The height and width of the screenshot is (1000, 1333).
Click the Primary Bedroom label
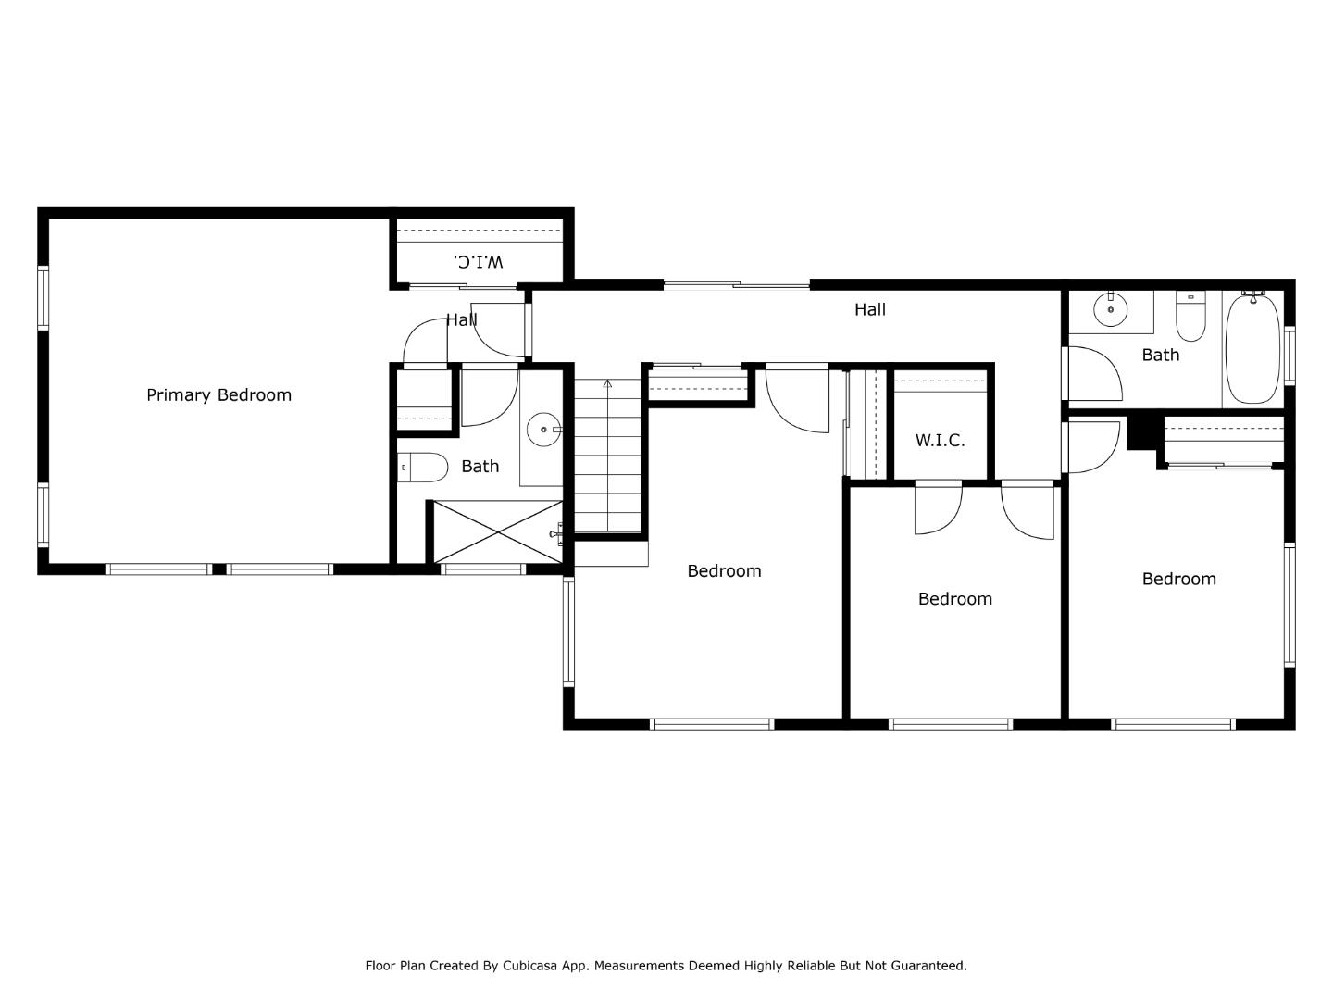[x=218, y=395]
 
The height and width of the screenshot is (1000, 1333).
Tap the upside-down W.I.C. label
[x=480, y=261]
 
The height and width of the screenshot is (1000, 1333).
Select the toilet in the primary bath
[x=424, y=468]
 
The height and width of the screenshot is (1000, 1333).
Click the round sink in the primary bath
[x=543, y=430]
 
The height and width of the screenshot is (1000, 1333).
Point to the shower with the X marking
[x=498, y=531]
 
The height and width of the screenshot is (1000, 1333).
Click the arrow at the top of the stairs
[x=607, y=383]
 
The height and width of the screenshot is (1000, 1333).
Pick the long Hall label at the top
[x=869, y=310]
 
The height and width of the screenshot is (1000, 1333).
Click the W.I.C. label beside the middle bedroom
[x=940, y=441]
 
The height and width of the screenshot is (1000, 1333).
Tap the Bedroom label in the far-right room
[x=1178, y=580]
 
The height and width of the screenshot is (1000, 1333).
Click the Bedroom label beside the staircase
[x=724, y=571]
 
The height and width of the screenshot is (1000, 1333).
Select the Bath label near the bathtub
[x=1160, y=356]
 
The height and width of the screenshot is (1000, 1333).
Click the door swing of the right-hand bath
[x=1097, y=374]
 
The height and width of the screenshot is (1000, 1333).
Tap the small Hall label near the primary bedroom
[x=461, y=320]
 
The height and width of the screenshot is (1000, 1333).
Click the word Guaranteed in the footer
[x=929, y=966]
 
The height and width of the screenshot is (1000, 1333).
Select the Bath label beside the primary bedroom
[x=480, y=467]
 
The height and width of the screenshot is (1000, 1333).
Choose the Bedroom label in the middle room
[x=954, y=600]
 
